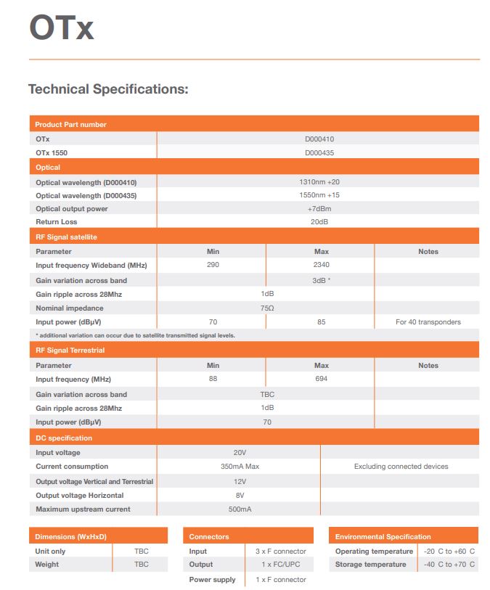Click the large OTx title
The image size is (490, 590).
point(61,29)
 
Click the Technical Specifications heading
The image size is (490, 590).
point(108,89)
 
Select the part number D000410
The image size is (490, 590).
point(319,139)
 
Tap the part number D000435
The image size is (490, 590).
point(319,153)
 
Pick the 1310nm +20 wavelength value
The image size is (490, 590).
point(319,181)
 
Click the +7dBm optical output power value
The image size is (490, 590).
point(319,208)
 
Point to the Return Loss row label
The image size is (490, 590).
point(56,222)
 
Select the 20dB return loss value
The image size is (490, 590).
point(319,222)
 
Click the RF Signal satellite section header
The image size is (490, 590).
point(66,237)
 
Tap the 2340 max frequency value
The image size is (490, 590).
point(321,265)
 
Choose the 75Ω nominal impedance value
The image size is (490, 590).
point(267,308)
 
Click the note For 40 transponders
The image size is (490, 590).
point(428,321)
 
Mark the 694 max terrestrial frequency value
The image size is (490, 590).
point(322,380)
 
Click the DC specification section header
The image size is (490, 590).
point(64,438)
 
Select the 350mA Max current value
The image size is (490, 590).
point(240,467)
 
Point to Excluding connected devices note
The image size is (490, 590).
point(401,467)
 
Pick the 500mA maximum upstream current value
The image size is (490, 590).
point(240,509)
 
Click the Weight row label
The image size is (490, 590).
point(47,565)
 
